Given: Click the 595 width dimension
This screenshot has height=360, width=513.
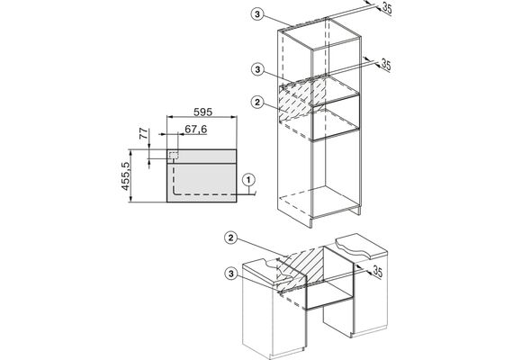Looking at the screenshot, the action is tap(202, 112).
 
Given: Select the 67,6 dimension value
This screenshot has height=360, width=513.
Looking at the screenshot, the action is tap(196, 130).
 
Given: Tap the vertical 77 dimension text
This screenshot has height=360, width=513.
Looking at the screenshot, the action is tap(144, 133).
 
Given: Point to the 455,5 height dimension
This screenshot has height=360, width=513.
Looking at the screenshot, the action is tap(126, 176).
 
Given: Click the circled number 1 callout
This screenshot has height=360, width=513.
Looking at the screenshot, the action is tap(248, 180).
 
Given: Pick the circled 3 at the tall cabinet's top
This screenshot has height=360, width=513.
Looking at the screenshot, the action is tap(257, 14).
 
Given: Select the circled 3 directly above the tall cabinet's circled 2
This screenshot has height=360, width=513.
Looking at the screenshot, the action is tap(257, 69).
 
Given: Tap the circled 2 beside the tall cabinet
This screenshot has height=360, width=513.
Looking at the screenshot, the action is tap(257, 102).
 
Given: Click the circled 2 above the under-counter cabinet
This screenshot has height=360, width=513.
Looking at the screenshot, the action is tap(231, 238).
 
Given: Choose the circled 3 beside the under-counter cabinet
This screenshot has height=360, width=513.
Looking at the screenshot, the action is tap(231, 274).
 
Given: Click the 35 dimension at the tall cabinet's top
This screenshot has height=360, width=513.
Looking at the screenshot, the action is tap(387, 8).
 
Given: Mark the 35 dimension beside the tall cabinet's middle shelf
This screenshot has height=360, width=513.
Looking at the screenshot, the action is tap(386, 65).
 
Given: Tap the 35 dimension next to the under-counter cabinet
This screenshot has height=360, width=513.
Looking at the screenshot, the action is tap(377, 271).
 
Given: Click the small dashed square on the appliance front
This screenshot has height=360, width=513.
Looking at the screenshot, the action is tap(174, 156).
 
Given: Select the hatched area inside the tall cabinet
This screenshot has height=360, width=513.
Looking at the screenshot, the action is tap(301, 98).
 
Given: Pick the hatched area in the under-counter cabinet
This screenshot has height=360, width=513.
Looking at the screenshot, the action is tap(300, 266).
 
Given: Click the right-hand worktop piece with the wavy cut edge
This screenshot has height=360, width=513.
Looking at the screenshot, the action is tap(362, 247).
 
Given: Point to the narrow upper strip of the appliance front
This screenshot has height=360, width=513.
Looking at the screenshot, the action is tap(202, 157).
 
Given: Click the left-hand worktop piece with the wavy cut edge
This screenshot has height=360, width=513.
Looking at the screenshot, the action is tap(267, 270).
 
